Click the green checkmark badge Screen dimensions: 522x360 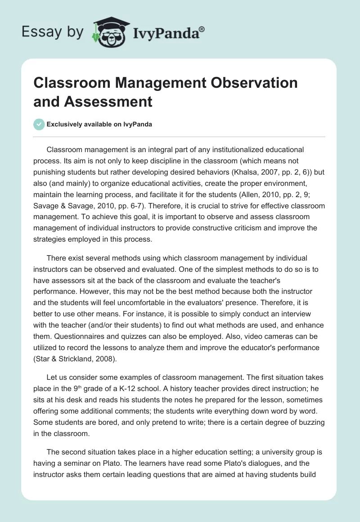click(x=39, y=124)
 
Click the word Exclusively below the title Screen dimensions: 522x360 click(x=66, y=125)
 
